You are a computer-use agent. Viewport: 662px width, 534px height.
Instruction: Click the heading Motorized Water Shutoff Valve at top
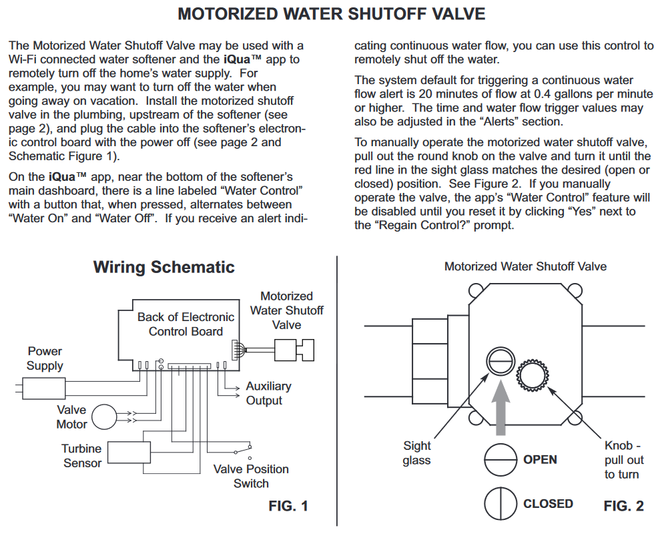click(332, 14)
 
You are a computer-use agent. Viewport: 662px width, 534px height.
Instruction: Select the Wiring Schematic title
click(163, 267)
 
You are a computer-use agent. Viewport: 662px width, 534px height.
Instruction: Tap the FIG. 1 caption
click(288, 506)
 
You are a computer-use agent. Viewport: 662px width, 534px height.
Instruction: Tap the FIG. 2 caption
click(623, 506)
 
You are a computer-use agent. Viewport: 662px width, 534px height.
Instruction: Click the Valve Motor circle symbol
click(104, 417)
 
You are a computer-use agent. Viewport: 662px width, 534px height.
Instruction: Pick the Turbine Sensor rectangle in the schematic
click(129, 453)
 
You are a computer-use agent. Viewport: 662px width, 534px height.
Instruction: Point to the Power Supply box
click(44, 388)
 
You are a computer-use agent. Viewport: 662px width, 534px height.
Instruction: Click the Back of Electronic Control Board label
click(186, 324)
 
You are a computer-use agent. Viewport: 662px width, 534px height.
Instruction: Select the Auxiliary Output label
click(268, 393)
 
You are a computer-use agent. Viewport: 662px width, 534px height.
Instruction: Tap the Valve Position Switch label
click(251, 476)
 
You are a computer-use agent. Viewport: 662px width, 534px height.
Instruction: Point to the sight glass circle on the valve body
click(501, 362)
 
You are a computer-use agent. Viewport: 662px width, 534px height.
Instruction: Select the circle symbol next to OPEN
click(501, 460)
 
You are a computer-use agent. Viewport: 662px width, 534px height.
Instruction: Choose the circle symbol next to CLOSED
click(501, 503)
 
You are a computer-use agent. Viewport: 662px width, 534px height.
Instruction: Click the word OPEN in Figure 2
click(540, 460)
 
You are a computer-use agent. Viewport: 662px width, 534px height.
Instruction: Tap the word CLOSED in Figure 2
click(548, 503)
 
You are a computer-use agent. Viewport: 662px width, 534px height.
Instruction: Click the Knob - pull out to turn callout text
click(624, 460)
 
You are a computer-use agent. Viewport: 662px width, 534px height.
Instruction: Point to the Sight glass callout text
click(416, 453)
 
